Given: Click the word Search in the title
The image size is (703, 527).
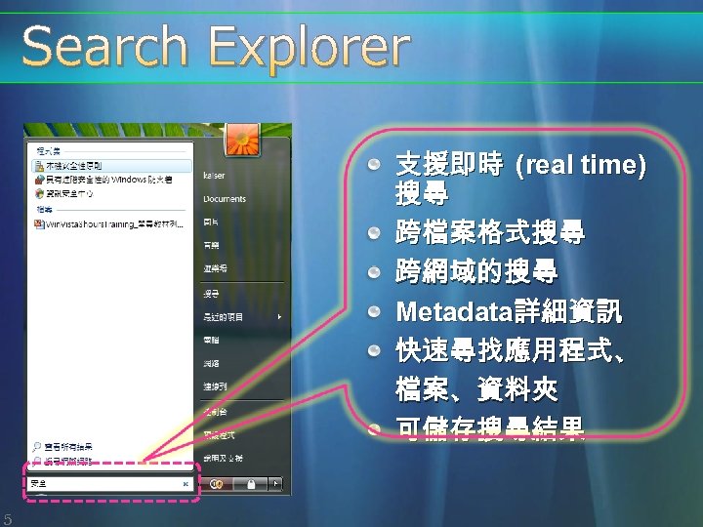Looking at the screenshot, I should click(x=104, y=47).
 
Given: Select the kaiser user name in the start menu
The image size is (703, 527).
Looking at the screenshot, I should click(x=214, y=176).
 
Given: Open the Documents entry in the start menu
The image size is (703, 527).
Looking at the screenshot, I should click(x=225, y=199).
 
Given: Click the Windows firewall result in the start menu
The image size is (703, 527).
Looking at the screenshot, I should click(x=107, y=180).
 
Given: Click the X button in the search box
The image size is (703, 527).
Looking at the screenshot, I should click(x=186, y=483).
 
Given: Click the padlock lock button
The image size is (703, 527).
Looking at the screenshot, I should click(x=251, y=483).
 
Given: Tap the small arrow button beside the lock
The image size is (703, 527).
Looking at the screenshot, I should click(x=276, y=483).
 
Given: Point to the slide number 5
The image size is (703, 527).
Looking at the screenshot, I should click(x=7, y=518).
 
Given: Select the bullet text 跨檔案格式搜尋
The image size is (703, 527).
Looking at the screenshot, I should click(x=490, y=234).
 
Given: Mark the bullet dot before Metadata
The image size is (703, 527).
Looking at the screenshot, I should click(x=373, y=312).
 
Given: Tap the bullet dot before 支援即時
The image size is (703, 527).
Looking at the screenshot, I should click(x=373, y=165).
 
